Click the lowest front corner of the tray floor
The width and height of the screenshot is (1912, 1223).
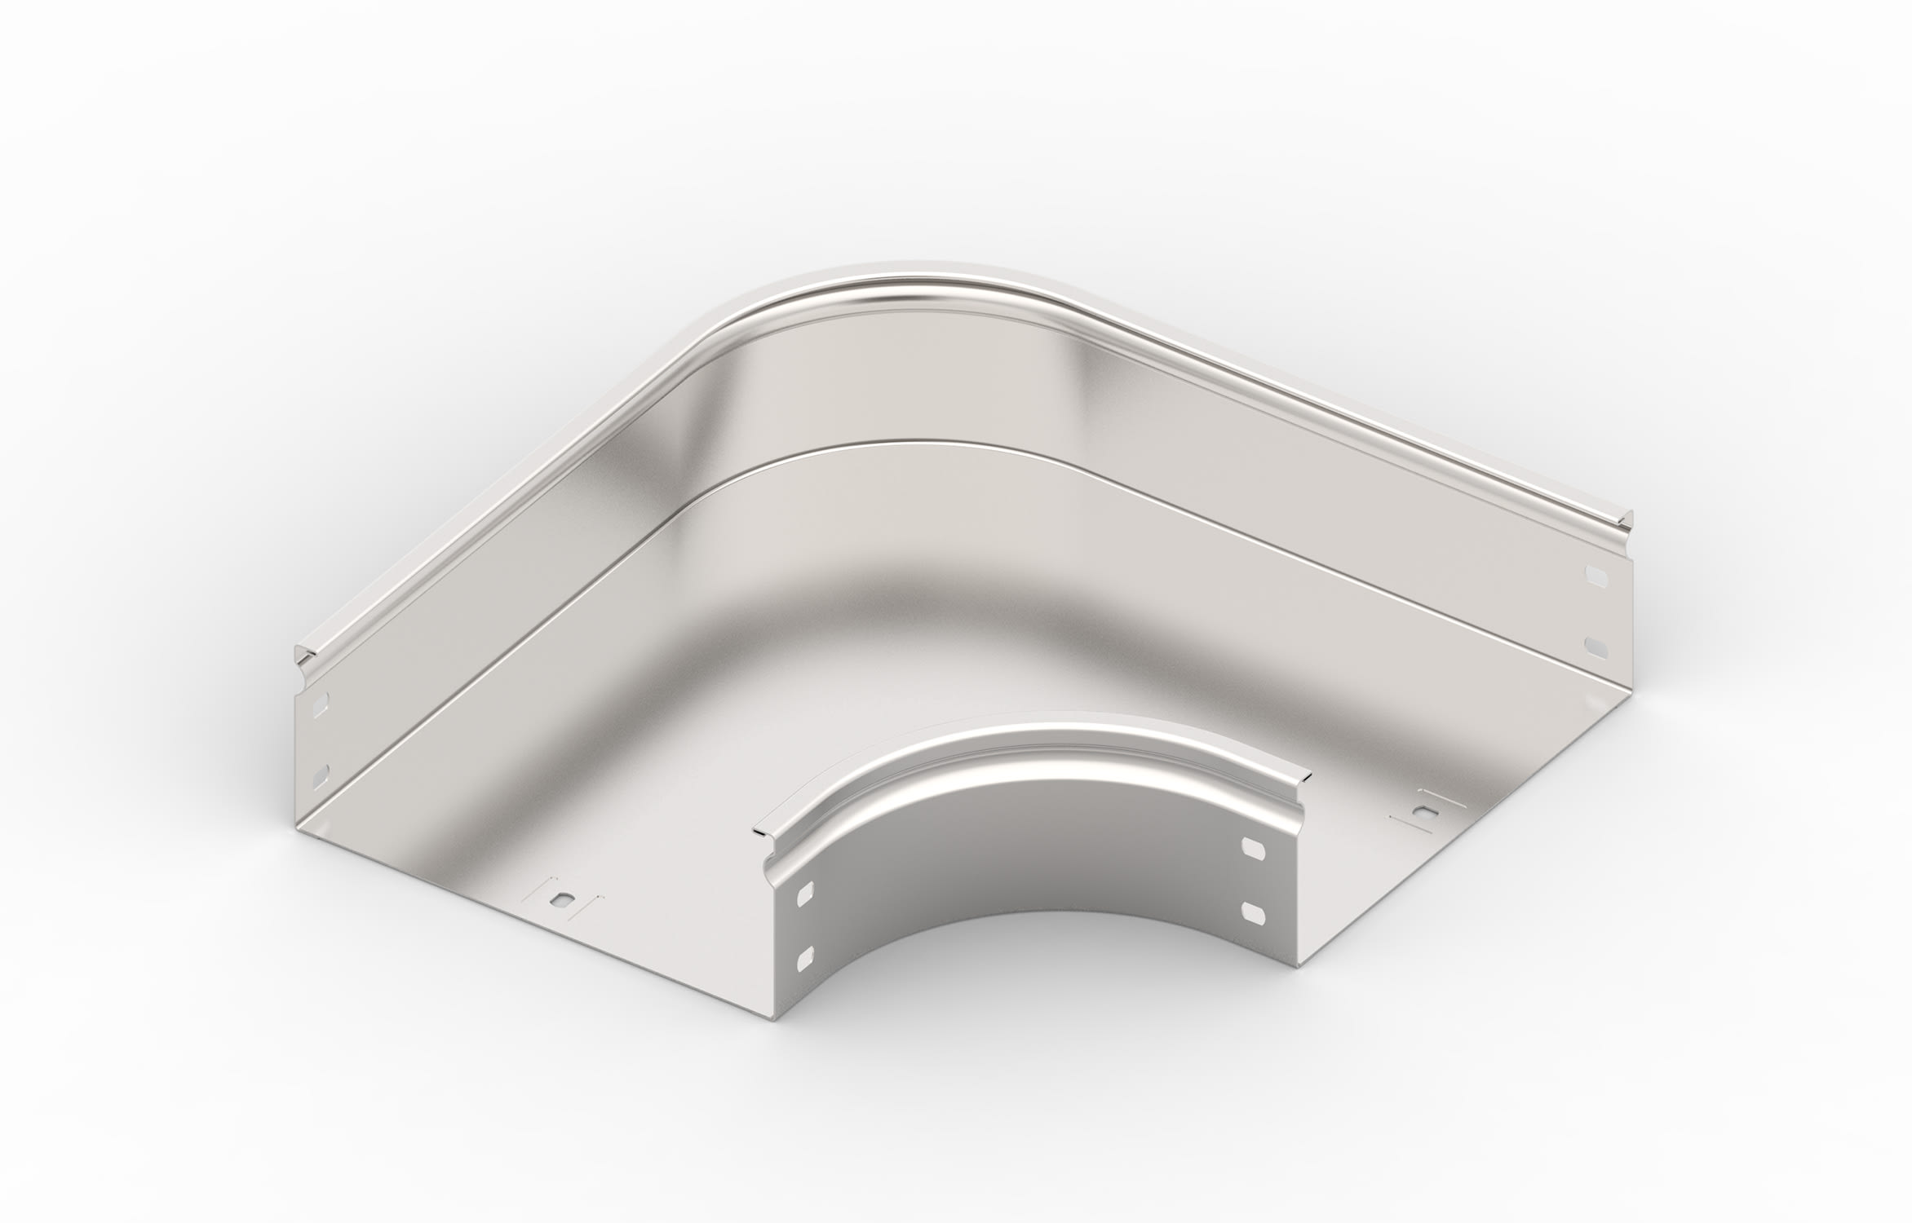click(x=771, y=1040)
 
